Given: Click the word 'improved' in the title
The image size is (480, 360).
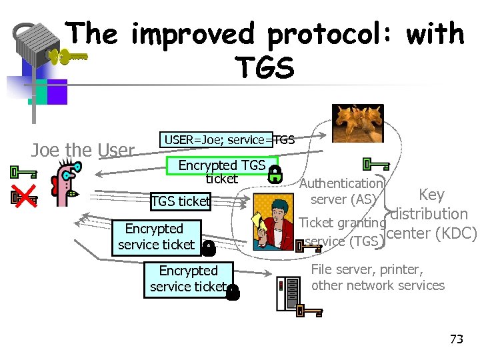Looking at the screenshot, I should click(193, 35).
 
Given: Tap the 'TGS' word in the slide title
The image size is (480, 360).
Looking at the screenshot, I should click(264, 67).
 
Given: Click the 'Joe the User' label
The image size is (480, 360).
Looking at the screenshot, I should click(83, 151).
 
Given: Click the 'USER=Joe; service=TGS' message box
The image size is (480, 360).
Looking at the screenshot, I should click(219, 140).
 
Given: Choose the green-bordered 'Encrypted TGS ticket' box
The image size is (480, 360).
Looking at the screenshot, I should click(221, 171).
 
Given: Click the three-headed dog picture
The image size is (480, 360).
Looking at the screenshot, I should click(359, 125).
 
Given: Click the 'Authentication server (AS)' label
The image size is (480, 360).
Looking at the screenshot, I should click(341, 191).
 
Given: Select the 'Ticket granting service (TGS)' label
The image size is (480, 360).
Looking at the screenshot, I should click(341, 232).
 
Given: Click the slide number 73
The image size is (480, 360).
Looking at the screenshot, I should click(456, 339).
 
